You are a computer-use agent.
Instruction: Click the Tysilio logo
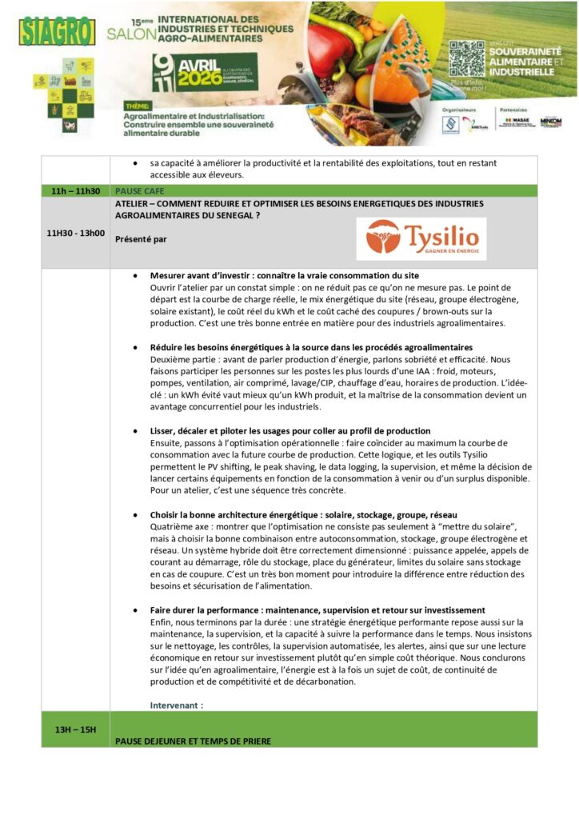click(421, 238)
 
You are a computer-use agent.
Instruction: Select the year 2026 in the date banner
click(188, 78)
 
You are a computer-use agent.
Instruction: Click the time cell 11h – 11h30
click(75, 191)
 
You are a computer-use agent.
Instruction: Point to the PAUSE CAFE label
click(139, 191)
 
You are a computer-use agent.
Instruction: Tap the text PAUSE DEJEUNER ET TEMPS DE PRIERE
click(193, 741)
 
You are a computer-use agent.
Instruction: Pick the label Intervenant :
click(177, 705)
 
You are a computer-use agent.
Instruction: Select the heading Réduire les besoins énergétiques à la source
click(311, 347)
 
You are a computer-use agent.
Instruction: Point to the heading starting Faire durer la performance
click(317, 610)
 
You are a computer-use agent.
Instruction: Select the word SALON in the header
click(126, 36)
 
